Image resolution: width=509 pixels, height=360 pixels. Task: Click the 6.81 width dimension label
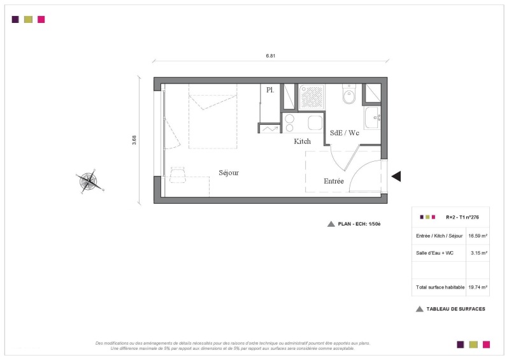pyautogui.click(x=270, y=56)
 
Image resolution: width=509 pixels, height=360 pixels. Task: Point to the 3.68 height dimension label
pyautogui.click(x=134, y=140)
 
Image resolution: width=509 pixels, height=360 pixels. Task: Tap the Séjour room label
pyautogui.click(x=229, y=173)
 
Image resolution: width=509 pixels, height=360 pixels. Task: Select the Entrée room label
pyautogui.click(x=334, y=181)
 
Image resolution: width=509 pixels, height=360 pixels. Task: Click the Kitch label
pyautogui.click(x=302, y=141)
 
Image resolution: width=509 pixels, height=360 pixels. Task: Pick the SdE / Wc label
pyautogui.click(x=345, y=133)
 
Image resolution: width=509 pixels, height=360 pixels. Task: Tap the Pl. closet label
pyautogui.click(x=270, y=90)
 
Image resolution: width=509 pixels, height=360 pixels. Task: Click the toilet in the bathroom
pyautogui.click(x=349, y=94)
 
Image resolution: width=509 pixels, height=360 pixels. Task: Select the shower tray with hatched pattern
pyautogui.click(x=312, y=97)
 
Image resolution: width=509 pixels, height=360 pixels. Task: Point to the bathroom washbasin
pyautogui.click(x=372, y=118)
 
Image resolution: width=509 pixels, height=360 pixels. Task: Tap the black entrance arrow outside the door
pyautogui.click(x=396, y=176)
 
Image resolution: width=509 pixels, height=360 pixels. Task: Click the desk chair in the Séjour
pyautogui.click(x=178, y=175)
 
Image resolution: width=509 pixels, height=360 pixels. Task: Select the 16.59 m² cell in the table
pyautogui.click(x=478, y=236)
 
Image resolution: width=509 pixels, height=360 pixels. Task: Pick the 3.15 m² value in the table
pyautogui.click(x=479, y=253)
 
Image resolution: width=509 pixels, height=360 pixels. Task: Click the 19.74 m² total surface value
pyautogui.click(x=478, y=287)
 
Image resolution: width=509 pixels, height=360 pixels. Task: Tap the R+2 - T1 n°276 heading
pyautogui.click(x=462, y=217)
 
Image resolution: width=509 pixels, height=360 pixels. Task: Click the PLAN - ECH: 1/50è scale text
pyautogui.click(x=359, y=224)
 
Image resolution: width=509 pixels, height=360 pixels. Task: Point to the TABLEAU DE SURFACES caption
pyautogui.click(x=455, y=309)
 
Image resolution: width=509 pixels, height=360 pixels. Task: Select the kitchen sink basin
pyautogui.click(x=315, y=123)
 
